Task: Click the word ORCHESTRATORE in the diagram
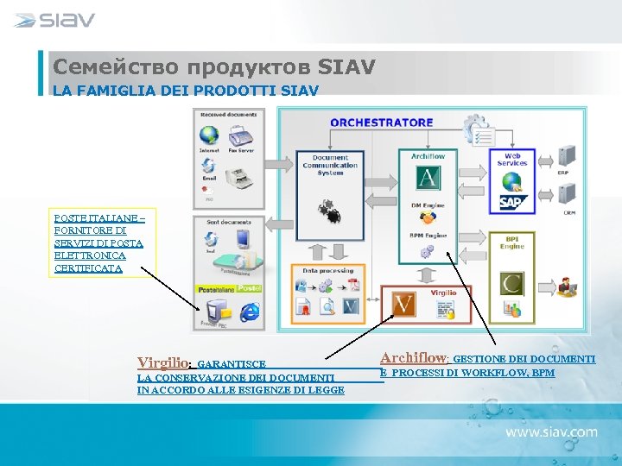[381, 123]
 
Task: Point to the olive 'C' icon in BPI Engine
[512, 282]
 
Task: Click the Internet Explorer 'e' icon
[251, 312]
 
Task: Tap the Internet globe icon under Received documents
[209, 136]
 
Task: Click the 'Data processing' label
[327, 270]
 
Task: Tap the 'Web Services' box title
[512, 159]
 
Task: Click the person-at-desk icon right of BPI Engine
[568, 287]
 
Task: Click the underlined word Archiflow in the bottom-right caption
[412, 356]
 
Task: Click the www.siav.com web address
[551, 431]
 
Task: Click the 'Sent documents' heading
[228, 222]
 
